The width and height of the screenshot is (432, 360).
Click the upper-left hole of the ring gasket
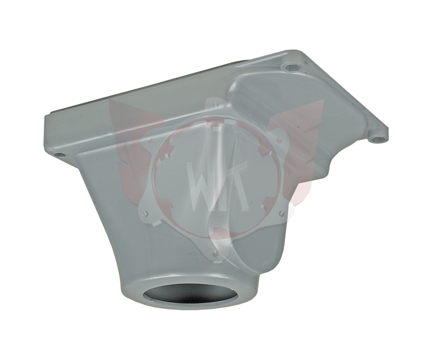pyautogui.click(x=150, y=140)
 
